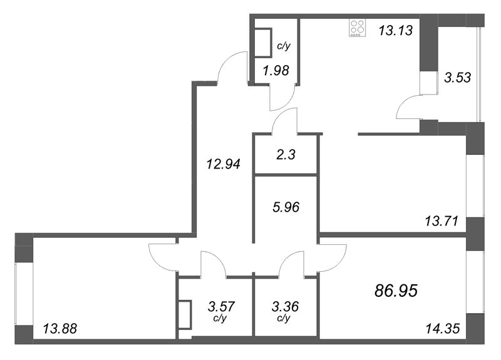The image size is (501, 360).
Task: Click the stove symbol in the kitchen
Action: coord(358,29)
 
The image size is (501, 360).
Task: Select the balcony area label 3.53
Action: coord(457,78)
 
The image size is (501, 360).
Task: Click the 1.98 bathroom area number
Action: coord(275,70)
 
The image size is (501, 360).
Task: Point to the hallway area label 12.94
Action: coord(224,165)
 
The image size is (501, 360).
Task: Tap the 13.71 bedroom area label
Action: coord(442,220)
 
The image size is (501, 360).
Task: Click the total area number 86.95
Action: coord(396,291)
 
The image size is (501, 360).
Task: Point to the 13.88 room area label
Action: coord(61,327)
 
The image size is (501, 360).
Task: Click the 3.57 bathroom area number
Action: coord(219,306)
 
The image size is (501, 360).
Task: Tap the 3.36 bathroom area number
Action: coord(282,306)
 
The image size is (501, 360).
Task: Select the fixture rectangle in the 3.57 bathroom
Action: coord(184,315)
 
